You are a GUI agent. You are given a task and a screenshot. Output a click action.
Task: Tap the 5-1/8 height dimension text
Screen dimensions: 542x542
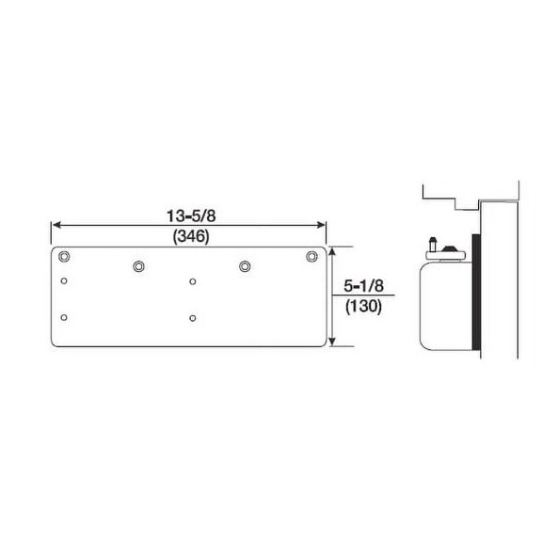364,285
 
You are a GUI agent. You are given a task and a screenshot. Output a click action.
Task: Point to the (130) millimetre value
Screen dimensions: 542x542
364,306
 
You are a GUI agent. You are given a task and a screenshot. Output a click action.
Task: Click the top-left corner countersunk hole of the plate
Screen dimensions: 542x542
64,257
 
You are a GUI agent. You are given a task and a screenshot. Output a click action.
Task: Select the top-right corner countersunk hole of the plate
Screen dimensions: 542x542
312,256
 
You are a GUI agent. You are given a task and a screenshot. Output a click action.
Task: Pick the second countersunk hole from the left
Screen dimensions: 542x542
138,266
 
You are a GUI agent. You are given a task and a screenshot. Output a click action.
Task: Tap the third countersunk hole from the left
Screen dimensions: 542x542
246,266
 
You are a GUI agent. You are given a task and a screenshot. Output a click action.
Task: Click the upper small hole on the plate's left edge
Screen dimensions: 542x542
64,280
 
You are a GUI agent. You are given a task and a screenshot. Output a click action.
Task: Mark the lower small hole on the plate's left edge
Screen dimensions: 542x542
64,318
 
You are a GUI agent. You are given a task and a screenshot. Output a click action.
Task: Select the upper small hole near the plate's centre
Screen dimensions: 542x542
193,280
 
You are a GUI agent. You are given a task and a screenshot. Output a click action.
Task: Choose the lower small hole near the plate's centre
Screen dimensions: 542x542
193,318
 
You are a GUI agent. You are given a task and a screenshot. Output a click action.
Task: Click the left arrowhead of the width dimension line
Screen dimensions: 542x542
56,225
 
